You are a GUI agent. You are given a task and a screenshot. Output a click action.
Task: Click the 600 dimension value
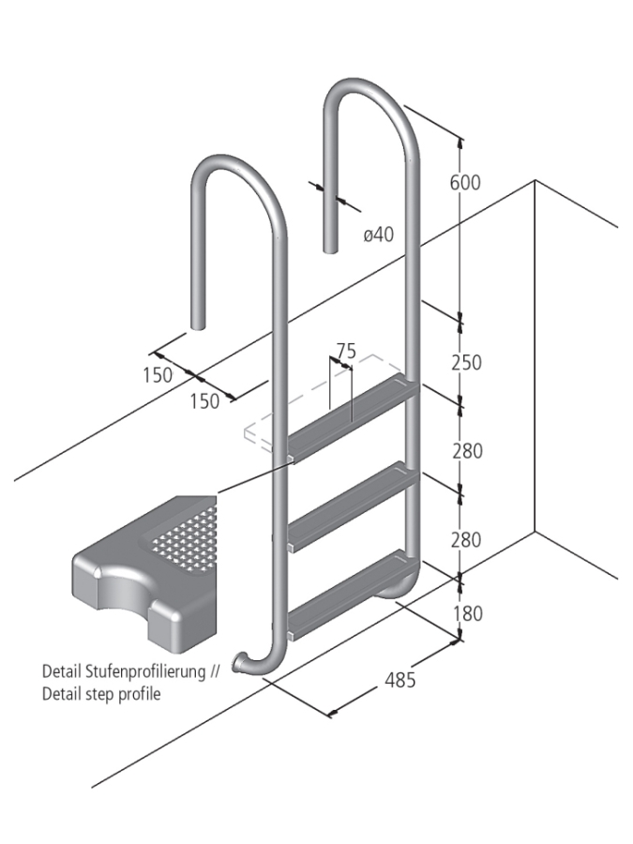click(464, 183)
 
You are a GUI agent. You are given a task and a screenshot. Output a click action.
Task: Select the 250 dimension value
click(466, 362)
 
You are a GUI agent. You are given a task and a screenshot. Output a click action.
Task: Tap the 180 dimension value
click(466, 613)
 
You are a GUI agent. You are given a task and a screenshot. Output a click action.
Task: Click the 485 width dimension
click(400, 680)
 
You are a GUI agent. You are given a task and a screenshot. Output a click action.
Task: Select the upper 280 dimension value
click(466, 451)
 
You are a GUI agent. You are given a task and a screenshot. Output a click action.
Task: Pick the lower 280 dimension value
click(466, 540)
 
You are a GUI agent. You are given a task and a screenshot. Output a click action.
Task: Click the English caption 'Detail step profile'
click(101, 694)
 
